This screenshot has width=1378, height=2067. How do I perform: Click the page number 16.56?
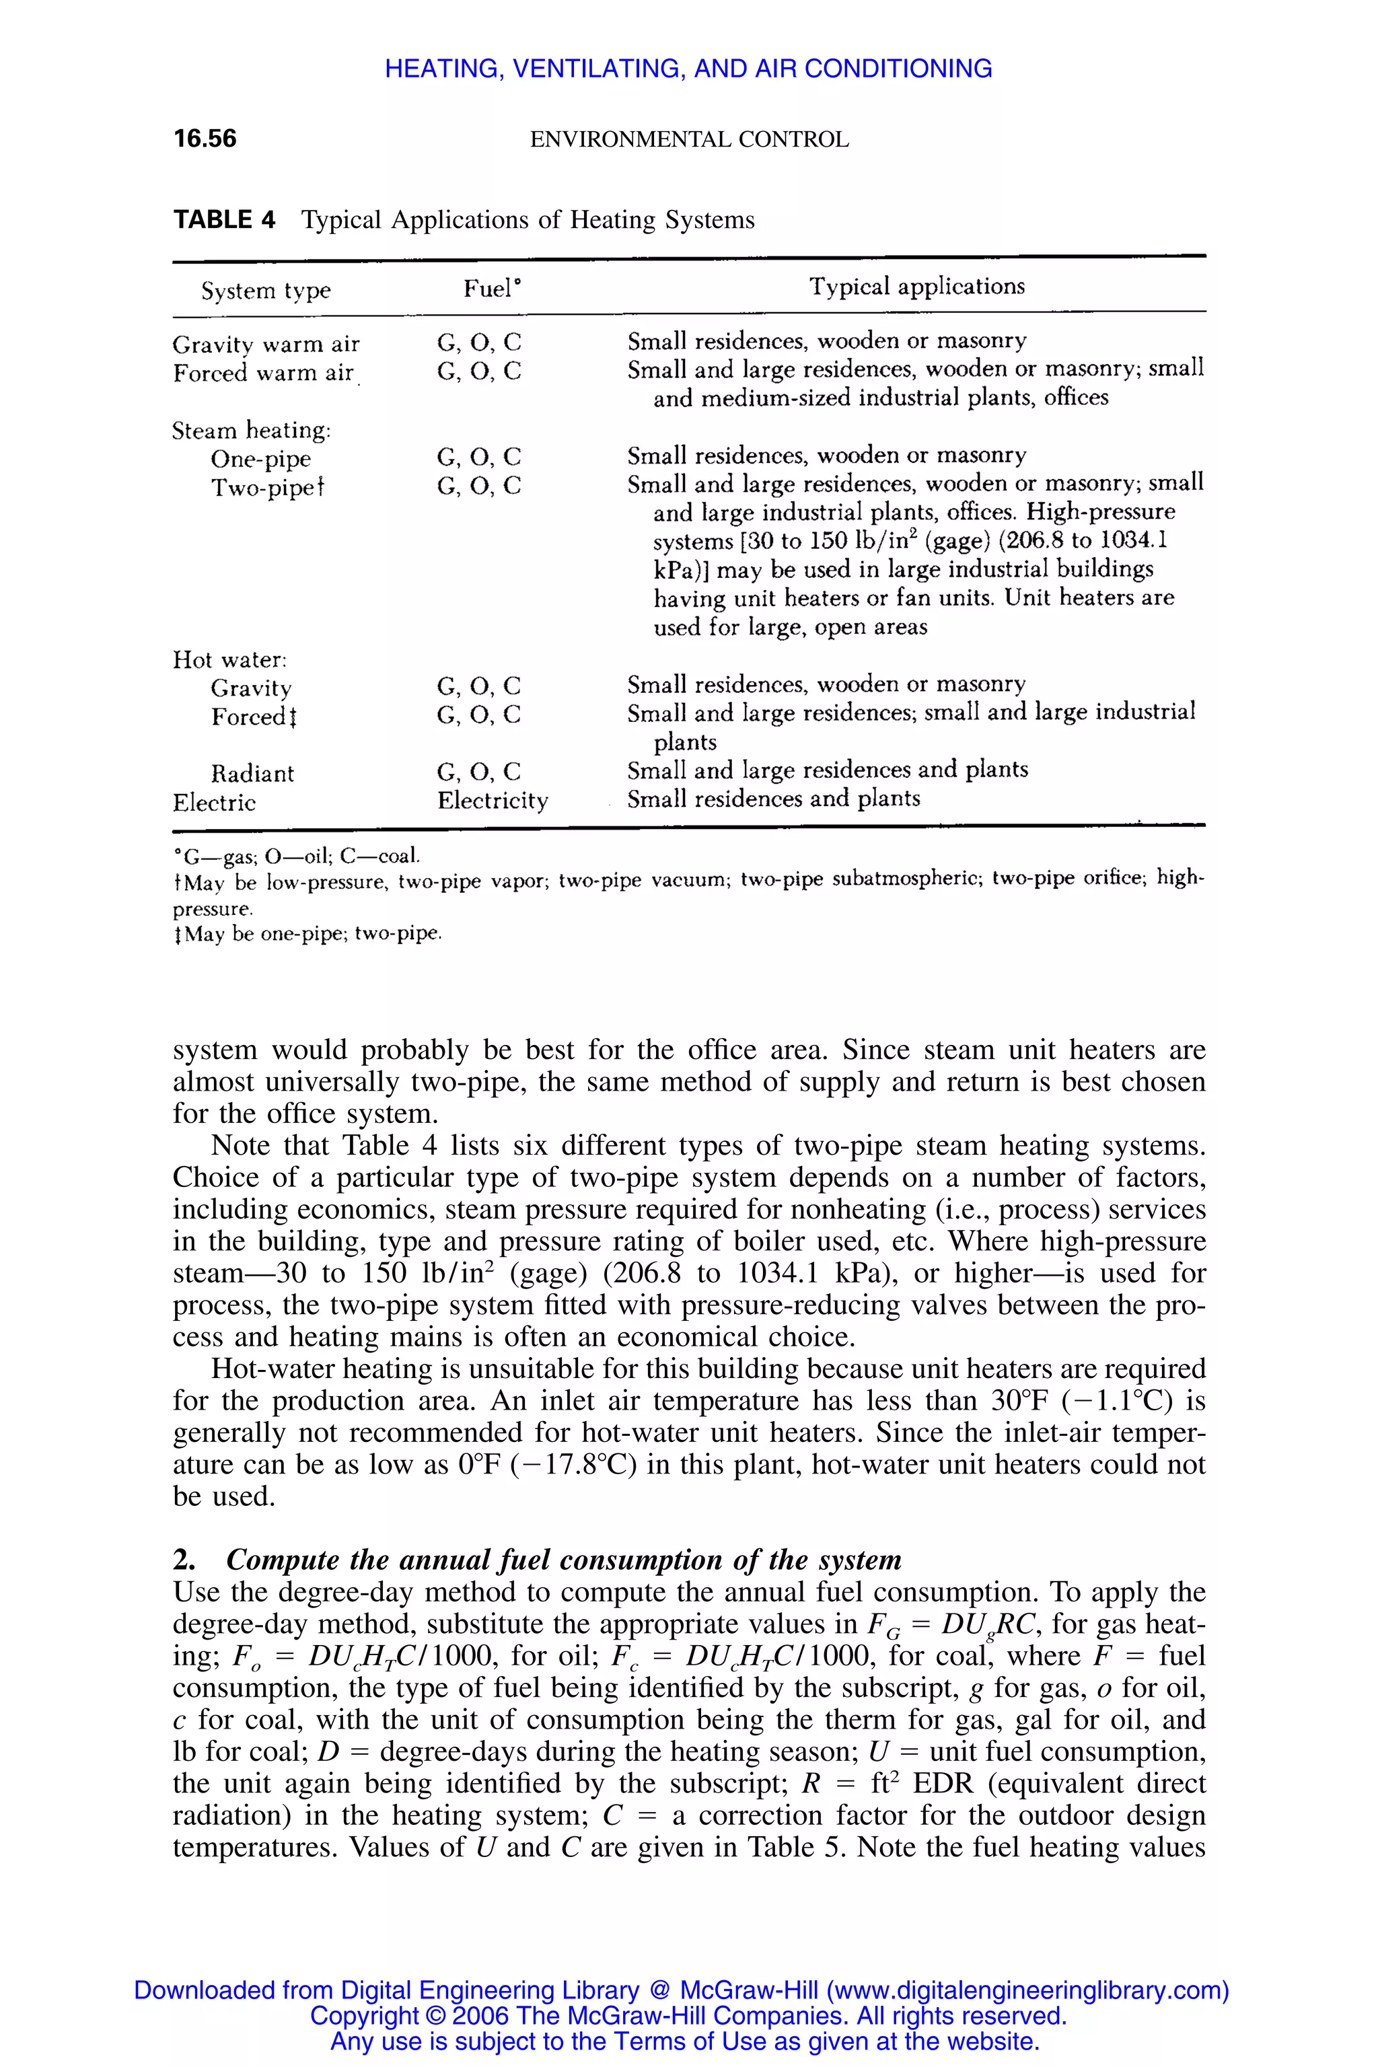[205, 138]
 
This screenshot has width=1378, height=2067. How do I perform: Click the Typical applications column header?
[916, 287]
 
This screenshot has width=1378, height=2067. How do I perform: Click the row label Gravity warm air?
[266, 344]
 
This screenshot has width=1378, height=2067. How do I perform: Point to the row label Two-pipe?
[266, 487]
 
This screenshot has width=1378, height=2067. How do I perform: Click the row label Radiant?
[252, 773]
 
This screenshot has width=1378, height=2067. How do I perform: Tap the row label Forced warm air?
[263, 373]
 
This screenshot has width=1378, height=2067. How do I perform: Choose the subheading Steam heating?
[252, 430]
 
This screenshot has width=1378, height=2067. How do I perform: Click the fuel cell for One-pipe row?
[478, 457]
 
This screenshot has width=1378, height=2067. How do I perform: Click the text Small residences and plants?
[773, 798]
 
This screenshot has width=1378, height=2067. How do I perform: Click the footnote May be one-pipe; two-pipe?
[308, 933]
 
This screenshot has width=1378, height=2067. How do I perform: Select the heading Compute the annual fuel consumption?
[563, 1559]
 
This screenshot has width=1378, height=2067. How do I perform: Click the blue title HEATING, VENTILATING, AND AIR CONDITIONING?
[688, 69]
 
